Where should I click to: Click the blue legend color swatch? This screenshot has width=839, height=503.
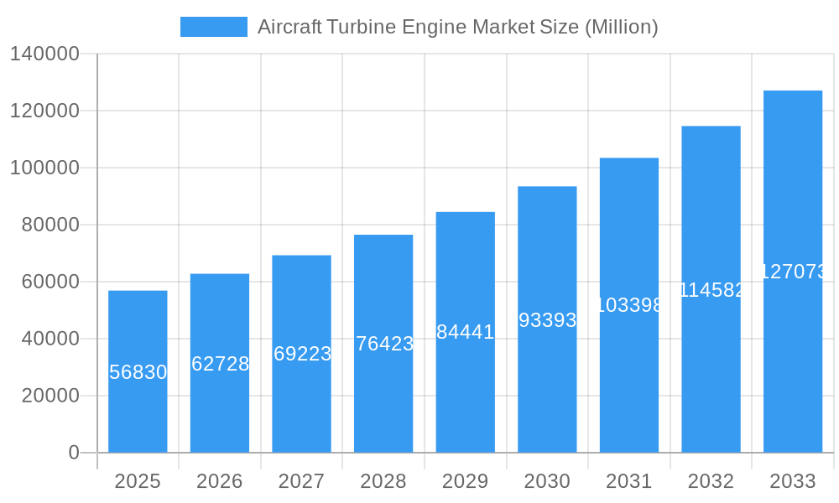[214, 27]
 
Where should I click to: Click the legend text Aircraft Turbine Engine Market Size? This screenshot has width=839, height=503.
[457, 27]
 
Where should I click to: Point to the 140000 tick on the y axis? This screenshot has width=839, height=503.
[44, 54]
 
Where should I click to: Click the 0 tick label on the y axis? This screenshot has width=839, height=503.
[74, 453]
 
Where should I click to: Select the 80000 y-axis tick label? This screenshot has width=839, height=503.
[50, 225]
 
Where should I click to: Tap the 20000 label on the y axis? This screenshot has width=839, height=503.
[50, 396]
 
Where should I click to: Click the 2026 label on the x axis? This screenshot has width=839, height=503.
[220, 481]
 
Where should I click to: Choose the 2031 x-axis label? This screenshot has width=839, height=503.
[629, 481]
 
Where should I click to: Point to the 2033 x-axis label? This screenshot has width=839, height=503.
[793, 481]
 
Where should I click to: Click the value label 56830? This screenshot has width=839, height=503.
[138, 372]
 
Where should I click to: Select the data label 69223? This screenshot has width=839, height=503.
[302, 354]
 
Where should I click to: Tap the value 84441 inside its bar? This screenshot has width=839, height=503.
[466, 332]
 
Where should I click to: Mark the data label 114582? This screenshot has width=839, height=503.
[711, 290]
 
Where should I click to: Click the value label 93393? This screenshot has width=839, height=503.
[547, 320]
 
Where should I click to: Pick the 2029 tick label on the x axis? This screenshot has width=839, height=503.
[466, 481]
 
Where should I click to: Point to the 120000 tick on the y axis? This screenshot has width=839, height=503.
[44, 111]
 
